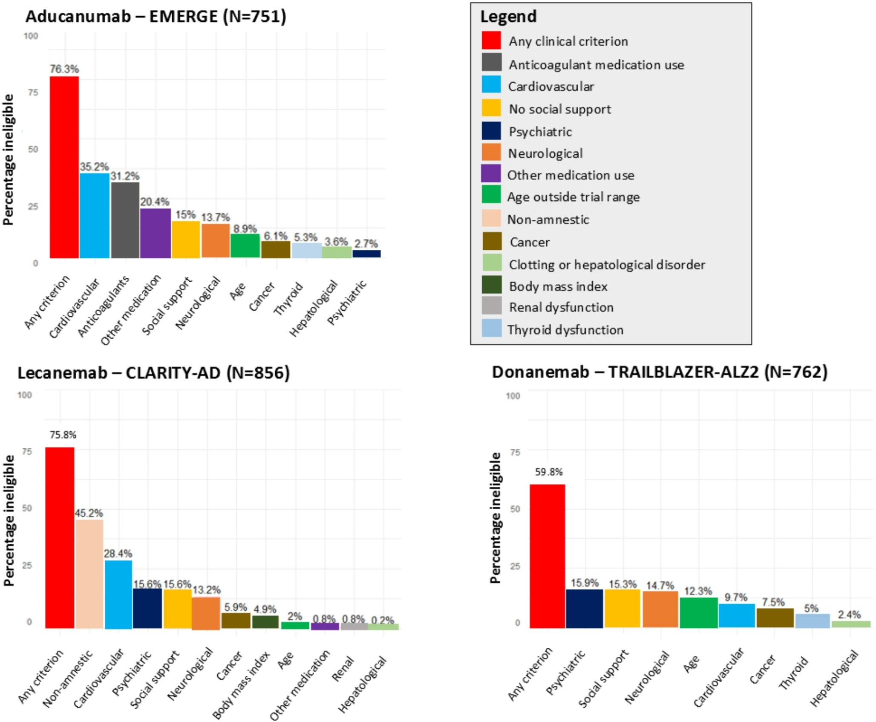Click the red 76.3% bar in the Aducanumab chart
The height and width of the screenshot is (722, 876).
64,167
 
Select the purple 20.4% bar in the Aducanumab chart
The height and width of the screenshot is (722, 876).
155,233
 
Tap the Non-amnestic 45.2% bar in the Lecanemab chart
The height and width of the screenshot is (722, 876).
89,574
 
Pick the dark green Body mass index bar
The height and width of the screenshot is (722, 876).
265,622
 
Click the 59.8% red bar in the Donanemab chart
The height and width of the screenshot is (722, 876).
547,556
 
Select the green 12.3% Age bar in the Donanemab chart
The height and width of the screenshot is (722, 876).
698,612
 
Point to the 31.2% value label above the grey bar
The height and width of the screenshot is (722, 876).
125,176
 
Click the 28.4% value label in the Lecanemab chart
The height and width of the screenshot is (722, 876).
118,554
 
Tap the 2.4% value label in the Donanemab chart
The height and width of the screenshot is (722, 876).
849,615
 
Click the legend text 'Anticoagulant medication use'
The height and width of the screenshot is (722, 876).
596,65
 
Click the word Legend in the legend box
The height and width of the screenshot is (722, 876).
508,17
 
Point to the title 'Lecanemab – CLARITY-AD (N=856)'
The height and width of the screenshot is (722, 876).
153,373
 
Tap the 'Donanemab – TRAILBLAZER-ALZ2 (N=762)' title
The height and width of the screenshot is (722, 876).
660,372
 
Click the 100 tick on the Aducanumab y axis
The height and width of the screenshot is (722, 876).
31,36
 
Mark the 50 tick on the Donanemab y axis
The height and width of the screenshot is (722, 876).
515,509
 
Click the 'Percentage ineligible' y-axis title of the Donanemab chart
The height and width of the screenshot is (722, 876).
495,517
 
